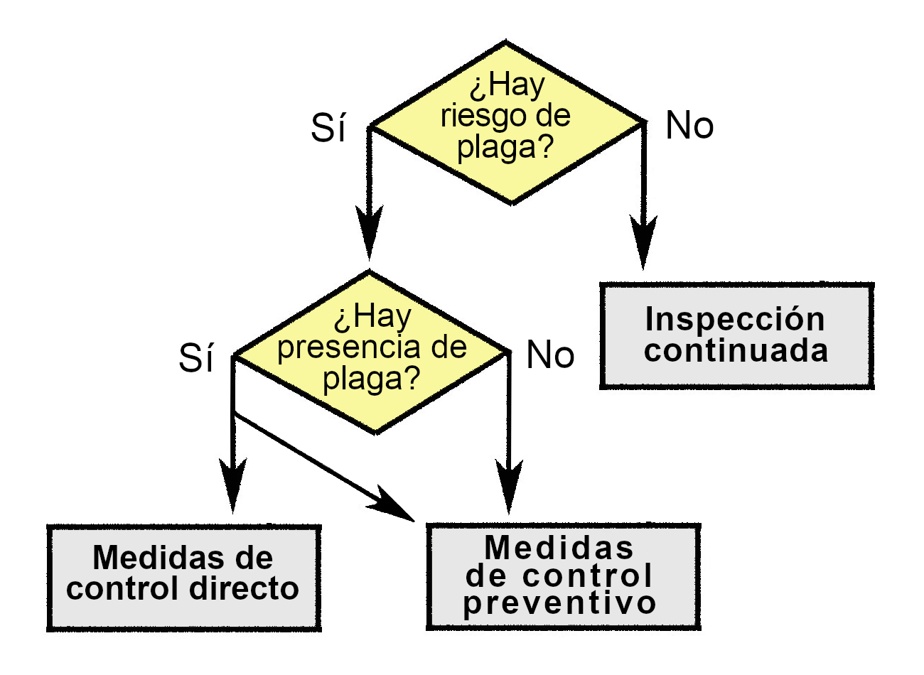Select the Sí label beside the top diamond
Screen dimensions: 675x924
(328, 129)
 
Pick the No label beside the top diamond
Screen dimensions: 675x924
(689, 126)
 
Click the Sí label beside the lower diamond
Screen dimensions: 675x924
(195, 358)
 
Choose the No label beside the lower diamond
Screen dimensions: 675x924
(549, 355)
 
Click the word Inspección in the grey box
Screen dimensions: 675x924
(735, 320)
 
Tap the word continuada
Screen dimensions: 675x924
(736, 351)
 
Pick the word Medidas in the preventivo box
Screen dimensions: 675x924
(559, 547)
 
